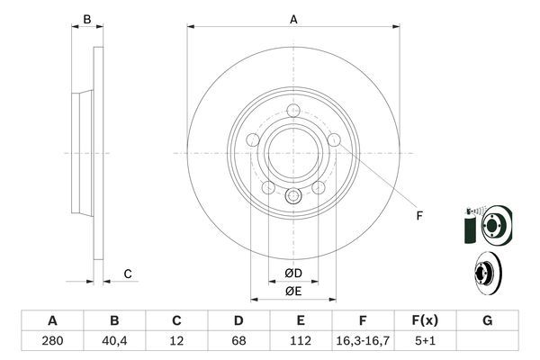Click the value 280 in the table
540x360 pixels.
[x=52, y=341]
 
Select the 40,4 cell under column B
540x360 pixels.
[x=114, y=341]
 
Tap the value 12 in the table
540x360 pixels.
[x=176, y=341]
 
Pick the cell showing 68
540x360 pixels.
[x=238, y=341]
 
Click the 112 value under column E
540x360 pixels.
[x=301, y=341]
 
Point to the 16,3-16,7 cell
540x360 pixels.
[x=363, y=341]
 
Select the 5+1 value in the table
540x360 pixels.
[x=425, y=341]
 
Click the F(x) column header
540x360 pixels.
[x=425, y=320]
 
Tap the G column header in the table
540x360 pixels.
[x=487, y=320]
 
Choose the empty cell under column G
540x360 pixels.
[x=487, y=341]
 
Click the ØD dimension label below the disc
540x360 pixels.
[x=293, y=273]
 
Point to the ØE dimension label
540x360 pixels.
[x=293, y=292]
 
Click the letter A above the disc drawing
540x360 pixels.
[x=293, y=18]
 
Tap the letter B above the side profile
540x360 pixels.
[x=86, y=19]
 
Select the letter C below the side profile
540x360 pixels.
[x=128, y=274]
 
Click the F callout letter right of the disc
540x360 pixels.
[x=418, y=215]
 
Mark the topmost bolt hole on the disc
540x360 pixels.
[x=294, y=112]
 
